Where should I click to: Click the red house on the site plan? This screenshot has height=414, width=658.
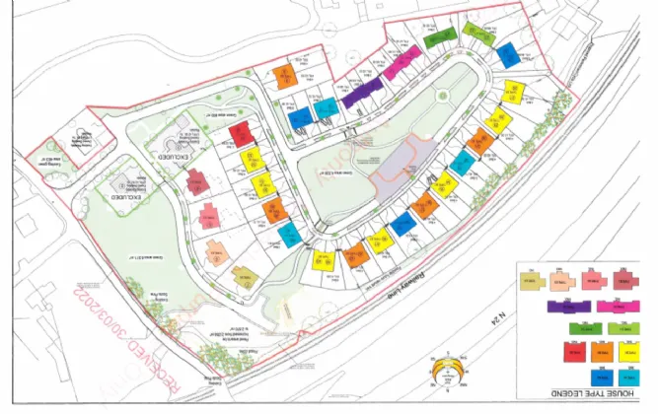[x=242, y=134]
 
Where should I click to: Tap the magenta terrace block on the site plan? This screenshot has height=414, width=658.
[x=402, y=67]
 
